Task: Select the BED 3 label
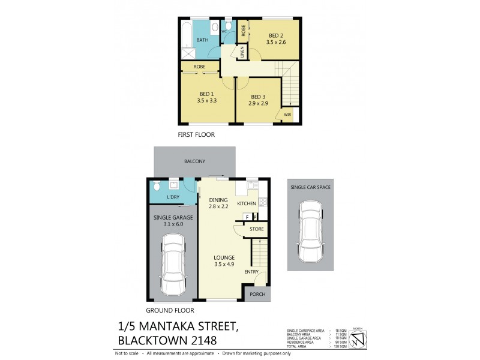tap(258, 97)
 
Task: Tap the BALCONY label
tap(196, 161)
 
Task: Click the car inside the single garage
tap(172, 264)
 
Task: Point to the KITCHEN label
tap(247, 204)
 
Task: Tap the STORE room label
tap(256, 229)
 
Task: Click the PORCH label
tap(258, 294)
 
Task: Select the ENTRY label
tap(251, 272)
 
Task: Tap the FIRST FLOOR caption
tap(196, 134)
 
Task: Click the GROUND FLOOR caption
tap(170, 310)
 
